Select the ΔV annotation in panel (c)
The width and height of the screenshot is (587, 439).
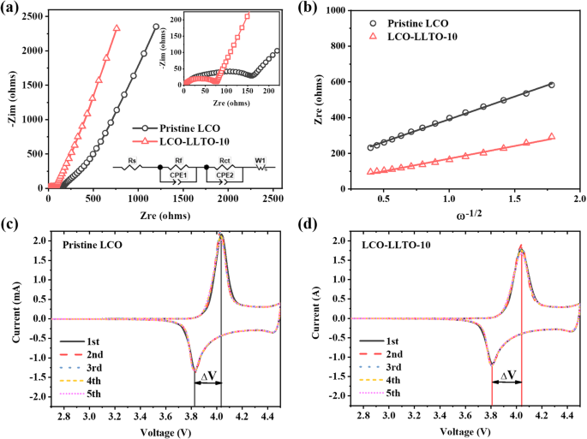pos(208,375)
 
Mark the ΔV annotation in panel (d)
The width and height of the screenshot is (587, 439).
pos(507,375)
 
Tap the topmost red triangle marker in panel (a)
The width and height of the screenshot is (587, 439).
pos(117,27)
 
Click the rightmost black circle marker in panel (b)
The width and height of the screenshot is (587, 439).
pos(551,85)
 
